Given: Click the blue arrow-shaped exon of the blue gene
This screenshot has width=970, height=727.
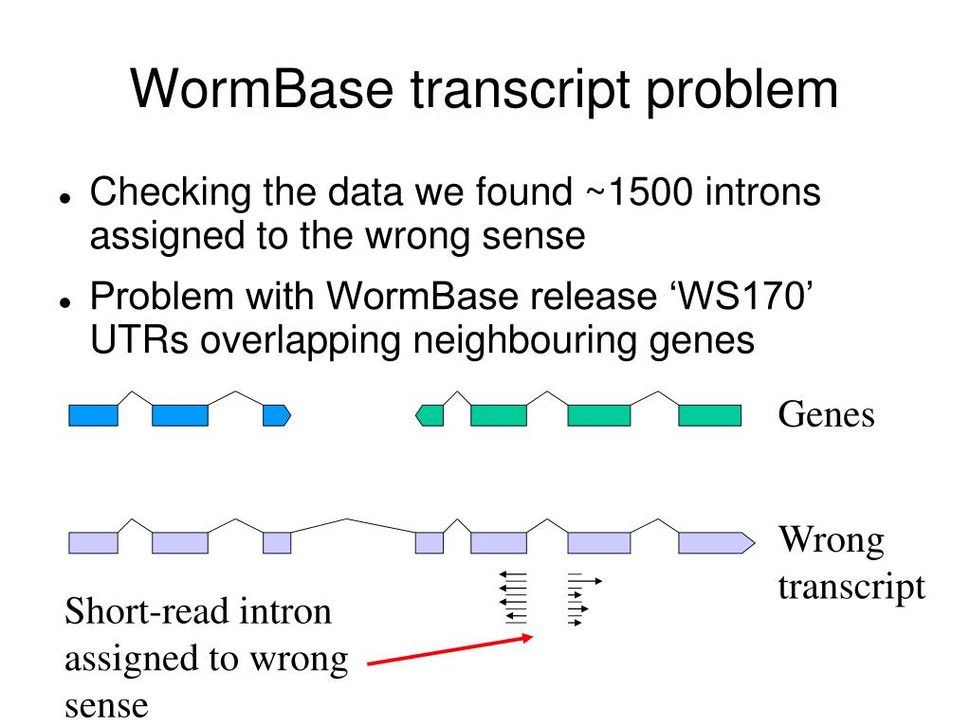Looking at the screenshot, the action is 276,415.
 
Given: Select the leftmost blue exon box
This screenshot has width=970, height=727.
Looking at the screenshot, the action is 94,415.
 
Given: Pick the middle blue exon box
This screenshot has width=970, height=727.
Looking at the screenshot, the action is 179,415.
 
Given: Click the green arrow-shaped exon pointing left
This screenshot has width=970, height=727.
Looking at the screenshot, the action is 430,415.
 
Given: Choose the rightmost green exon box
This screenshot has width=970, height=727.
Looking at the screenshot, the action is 709,415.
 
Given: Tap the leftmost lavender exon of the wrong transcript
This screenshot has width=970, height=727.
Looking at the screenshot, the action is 94,542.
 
